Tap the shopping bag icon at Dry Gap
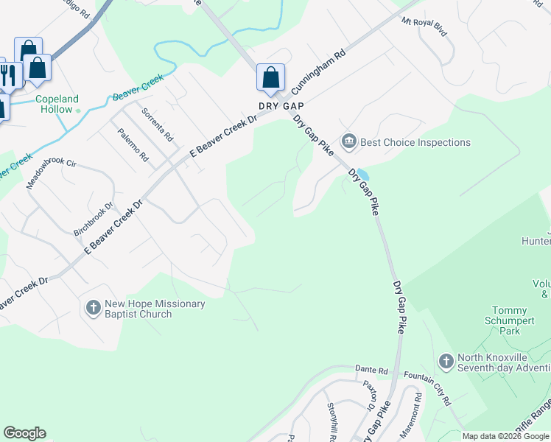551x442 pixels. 270,77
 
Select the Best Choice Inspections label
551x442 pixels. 415,142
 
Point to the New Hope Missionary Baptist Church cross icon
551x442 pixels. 93,307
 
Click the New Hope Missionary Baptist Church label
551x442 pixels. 138,309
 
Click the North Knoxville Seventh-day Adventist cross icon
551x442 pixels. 446,361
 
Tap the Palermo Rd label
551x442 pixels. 133,145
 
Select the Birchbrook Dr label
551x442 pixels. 93,220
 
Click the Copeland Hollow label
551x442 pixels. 57,104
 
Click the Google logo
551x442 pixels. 24,433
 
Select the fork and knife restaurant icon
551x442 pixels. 8,74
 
